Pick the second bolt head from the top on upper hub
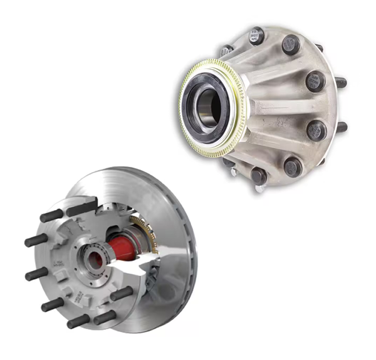click(291, 45)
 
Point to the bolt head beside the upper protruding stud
click(315, 81)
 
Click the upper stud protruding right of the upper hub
click(341, 82)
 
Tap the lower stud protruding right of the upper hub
click(342, 127)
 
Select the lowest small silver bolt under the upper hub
click(259, 188)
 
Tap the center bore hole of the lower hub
click(94, 261)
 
